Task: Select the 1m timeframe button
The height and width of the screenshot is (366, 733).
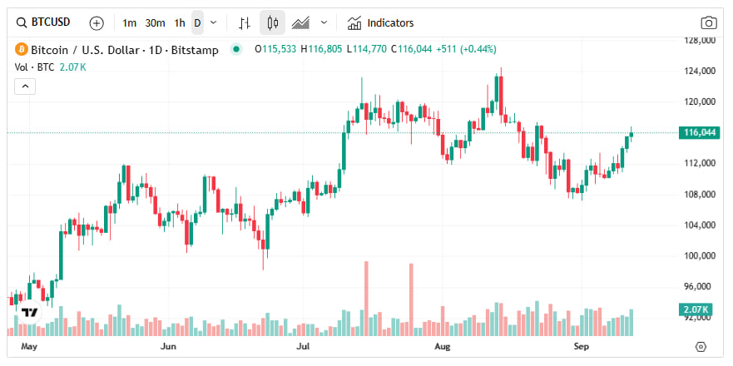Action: click(x=129, y=22)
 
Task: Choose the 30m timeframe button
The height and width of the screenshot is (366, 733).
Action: click(x=155, y=22)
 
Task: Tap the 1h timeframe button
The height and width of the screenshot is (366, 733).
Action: click(x=180, y=22)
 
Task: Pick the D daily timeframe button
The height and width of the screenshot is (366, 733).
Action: click(x=197, y=22)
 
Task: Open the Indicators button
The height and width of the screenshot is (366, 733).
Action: click(x=381, y=22)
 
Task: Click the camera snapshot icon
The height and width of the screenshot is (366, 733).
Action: click(x=709, y=22)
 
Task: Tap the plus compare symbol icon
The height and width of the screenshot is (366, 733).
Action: click(x=97, y=22)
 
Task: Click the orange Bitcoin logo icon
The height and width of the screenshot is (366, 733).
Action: click(x=22, y=50)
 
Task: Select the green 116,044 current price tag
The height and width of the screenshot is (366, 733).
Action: click(x=698, y=132)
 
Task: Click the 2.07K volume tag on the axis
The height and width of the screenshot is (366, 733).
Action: click(x=696, y=310)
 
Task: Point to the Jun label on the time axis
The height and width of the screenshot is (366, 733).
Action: click(x=169, y=344)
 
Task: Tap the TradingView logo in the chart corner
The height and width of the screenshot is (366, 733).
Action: click(x=30, y=313)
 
